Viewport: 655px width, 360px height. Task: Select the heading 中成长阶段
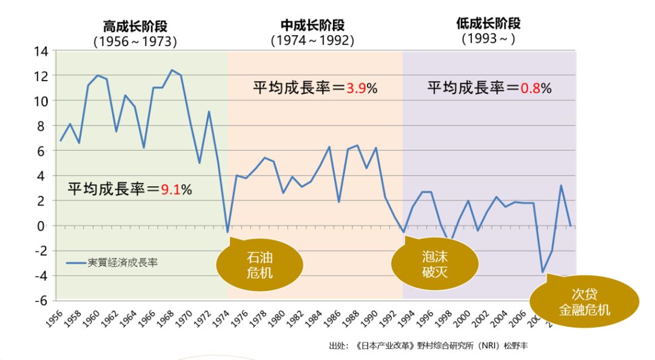312,25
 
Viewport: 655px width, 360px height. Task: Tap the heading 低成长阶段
488,24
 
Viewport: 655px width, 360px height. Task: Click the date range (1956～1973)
135,42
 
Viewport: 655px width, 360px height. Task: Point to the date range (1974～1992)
312,41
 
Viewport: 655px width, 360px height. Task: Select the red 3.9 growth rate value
355,88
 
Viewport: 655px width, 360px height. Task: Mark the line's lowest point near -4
543,272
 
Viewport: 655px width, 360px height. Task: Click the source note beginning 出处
425,346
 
